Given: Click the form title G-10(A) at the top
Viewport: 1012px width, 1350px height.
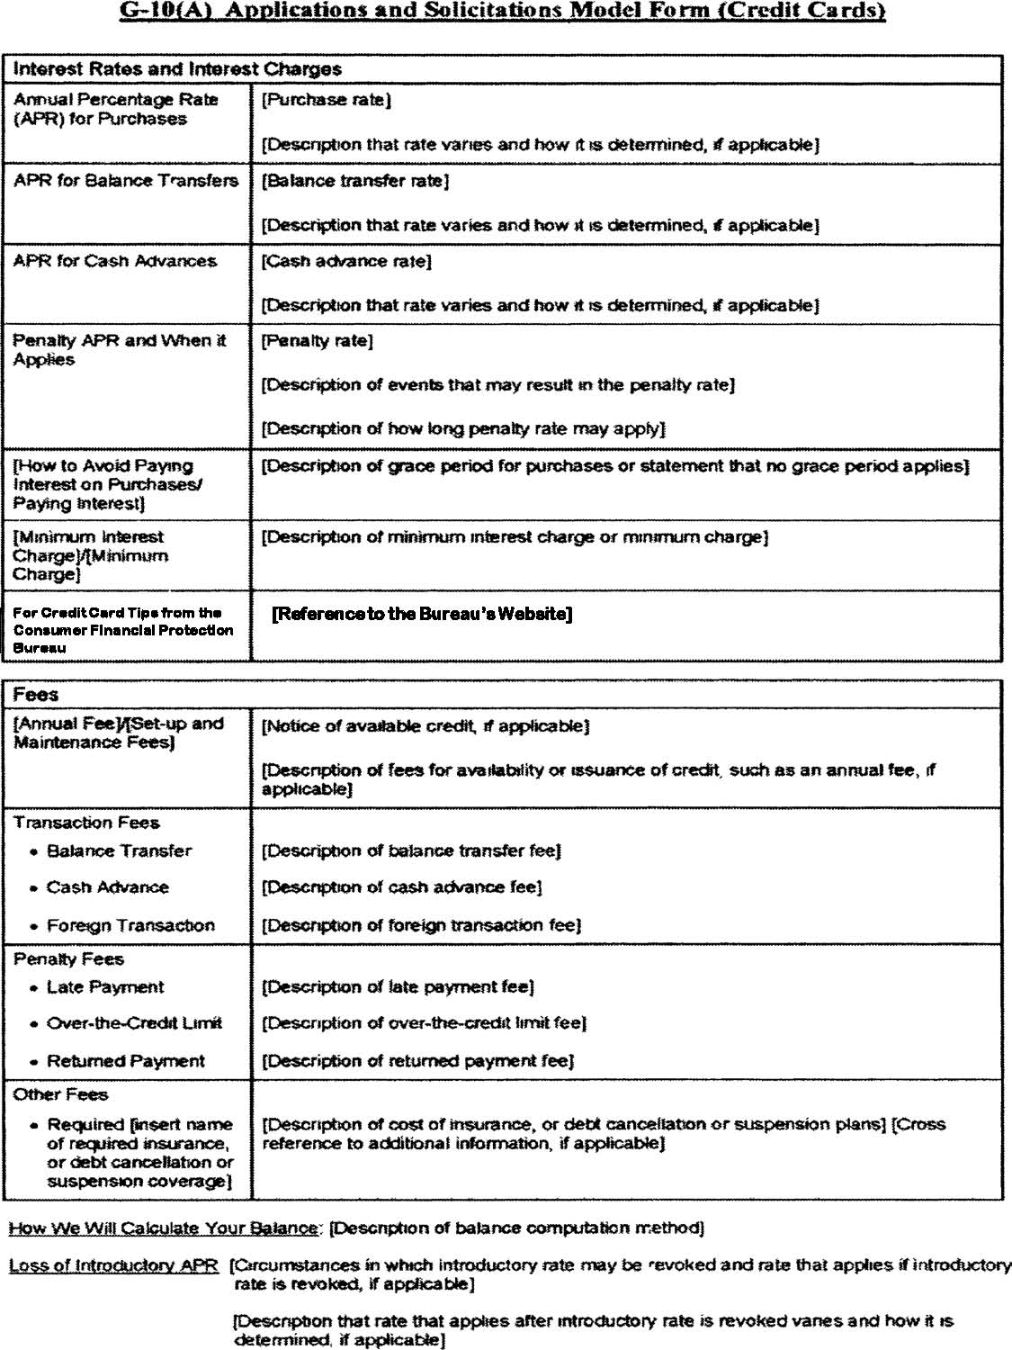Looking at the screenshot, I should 503,11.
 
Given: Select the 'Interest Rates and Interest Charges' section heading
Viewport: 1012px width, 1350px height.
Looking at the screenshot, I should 177,69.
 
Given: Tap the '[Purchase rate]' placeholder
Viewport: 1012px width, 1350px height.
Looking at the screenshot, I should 326,100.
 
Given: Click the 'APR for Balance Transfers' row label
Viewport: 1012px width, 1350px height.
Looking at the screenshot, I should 126,180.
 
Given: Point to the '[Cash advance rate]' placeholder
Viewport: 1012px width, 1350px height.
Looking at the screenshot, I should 346,261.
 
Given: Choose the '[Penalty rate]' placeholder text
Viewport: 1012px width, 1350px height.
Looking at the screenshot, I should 317,341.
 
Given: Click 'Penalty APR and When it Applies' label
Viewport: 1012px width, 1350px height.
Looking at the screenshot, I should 119,349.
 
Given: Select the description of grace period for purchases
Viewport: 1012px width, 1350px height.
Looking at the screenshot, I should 614,466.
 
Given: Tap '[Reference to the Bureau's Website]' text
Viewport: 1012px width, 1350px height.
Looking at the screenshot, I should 422,614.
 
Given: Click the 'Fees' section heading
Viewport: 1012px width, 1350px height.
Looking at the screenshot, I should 36,695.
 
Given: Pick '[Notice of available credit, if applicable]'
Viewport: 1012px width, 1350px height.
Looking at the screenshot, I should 425,725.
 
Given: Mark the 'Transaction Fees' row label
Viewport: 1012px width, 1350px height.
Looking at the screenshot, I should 86,823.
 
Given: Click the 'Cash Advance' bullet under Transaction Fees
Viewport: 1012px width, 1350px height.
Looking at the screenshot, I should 107,887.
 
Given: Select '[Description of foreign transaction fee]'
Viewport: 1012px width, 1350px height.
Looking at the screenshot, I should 421,925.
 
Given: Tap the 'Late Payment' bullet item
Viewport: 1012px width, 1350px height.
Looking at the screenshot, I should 105,987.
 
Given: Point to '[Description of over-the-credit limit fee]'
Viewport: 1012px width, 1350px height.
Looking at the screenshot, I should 424,1023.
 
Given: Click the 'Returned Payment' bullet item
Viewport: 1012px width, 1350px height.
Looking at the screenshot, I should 125,1061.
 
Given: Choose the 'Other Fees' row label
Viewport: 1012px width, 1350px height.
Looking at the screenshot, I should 60,1094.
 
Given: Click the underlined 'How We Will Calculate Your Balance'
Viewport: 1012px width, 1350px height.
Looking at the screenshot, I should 164,1228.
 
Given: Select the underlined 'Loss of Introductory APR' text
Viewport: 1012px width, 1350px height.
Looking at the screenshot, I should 113,1265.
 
